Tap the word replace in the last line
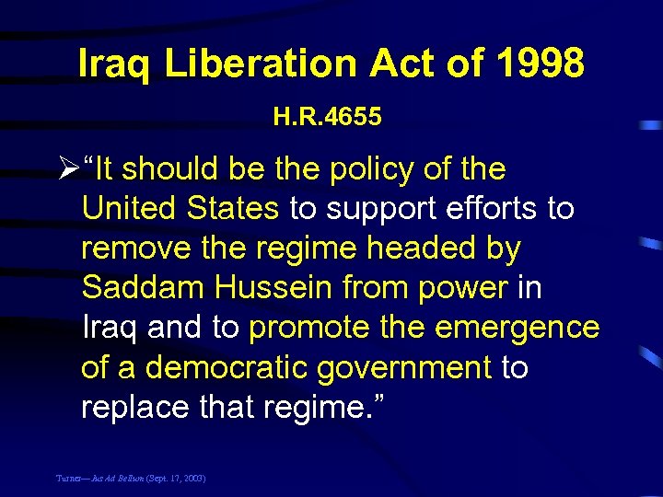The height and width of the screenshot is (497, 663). click(x=131, y=407)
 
